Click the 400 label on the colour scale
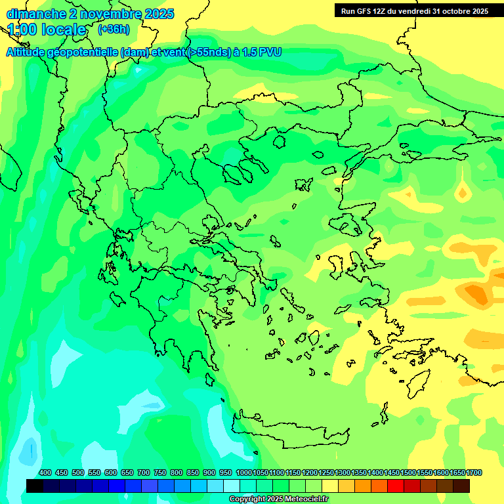(45, 472)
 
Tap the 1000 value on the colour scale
(243, 472)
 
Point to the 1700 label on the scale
(474, 472)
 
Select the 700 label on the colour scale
(144, 472)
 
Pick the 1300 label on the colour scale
(343, 472)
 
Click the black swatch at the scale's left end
(35, 486)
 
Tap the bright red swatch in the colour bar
(395, 486)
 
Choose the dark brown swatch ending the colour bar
(461, 486)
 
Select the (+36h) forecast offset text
(114, 30)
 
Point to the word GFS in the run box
(366, 11)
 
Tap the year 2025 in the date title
(158, 14)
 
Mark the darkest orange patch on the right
(477, 293)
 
